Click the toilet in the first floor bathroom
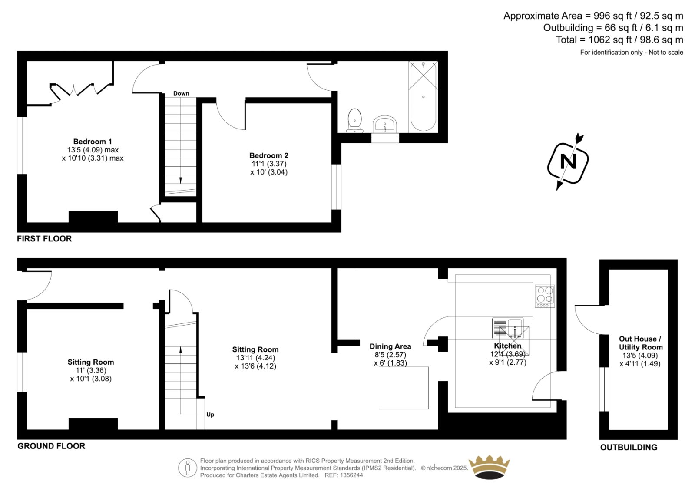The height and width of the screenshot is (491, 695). (354, 120)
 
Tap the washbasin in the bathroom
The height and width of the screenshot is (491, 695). (385, 125)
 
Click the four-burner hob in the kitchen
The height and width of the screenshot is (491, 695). (545, 296)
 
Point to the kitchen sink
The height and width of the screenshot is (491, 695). (508, 328)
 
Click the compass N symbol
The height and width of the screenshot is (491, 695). (568, 161)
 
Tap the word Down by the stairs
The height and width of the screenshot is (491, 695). (181, 93)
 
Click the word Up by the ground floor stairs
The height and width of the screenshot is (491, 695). (210, 415)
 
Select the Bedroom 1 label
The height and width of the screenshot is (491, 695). (93, 142)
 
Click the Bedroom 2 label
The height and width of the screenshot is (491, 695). (269, 155)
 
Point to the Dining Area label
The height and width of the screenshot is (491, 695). (390, 346)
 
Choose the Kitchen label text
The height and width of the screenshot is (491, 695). (508, 346)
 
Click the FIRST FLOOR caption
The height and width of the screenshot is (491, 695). (44, 238)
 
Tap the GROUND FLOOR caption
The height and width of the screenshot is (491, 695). (51, 446)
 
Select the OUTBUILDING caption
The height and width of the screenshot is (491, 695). (629, 447)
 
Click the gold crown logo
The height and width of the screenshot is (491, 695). (489, 467)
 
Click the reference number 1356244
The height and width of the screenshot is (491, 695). (351, 475)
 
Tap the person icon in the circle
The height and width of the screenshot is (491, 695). (188, 468)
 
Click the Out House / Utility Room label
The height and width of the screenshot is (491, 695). (640, 343)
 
